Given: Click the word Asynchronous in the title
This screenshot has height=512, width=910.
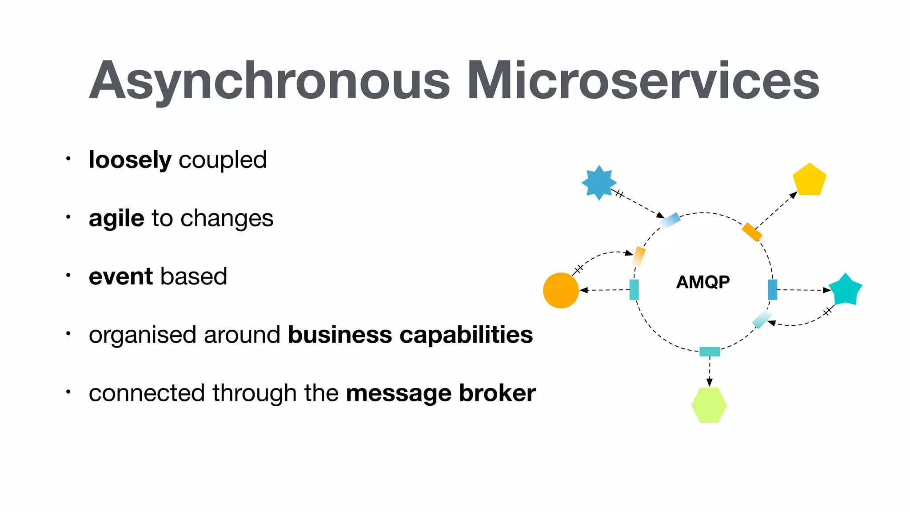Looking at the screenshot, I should pos(269,81).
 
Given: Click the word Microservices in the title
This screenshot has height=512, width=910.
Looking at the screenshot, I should pos(643,81).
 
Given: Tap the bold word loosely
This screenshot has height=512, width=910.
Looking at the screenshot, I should pos(130,160).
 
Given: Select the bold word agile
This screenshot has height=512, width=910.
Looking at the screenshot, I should pos(116,219).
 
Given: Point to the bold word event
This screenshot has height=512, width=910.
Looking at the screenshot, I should pos(121,276).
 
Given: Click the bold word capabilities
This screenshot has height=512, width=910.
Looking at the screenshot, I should pos(466,335).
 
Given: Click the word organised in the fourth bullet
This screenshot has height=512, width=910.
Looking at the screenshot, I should pos(142,336).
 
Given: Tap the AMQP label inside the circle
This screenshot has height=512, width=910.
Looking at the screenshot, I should pos(702,282).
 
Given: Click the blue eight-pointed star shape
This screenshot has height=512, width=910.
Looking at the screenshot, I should pos(599,183).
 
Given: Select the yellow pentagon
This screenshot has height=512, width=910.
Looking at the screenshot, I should pos(809,180).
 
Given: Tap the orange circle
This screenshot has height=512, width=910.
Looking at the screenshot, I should pos(561,290).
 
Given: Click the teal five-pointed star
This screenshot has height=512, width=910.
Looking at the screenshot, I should pos(845,290).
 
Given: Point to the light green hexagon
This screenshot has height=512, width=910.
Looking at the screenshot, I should pos(709,405).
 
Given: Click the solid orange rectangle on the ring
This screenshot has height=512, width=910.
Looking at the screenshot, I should pos(752,232).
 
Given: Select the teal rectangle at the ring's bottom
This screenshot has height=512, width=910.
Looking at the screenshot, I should pos(709,352).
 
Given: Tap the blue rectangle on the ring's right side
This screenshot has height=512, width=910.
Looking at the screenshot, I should pos(772,290).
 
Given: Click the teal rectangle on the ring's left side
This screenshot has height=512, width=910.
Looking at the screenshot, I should pos(634,290).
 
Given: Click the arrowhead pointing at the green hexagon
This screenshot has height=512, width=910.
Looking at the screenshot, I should pos(710,382).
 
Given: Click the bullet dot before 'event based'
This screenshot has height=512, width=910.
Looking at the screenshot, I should pos(68,276).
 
